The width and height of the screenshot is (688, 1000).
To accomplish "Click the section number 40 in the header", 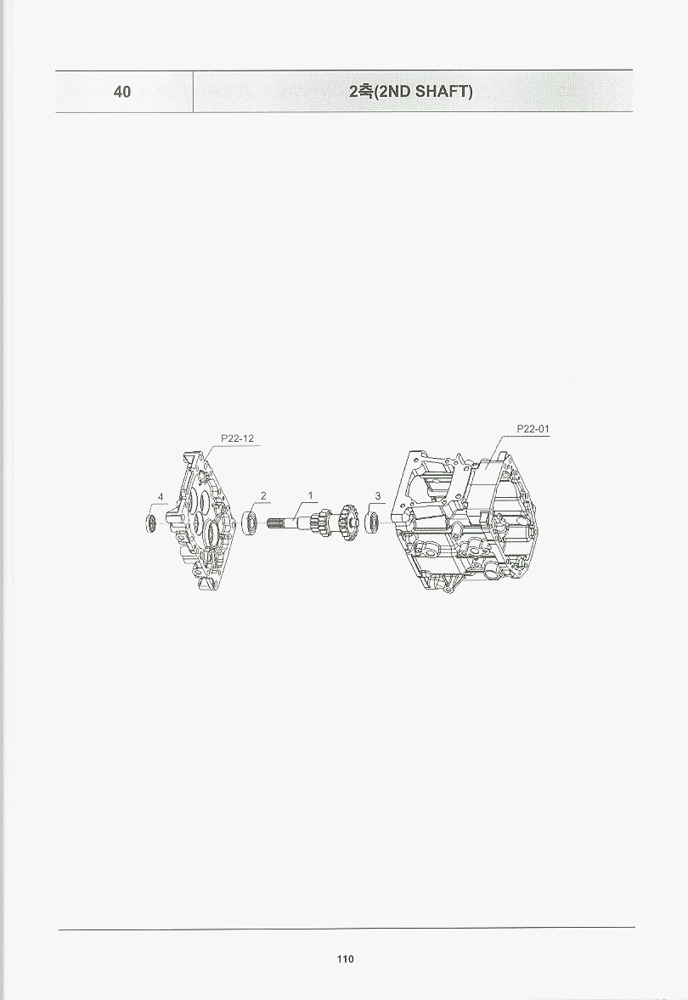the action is click(x=121, y=92).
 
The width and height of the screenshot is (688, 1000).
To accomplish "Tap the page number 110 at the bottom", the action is click(x=345, y=959).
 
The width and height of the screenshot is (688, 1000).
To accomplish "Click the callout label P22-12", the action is click(x=237, y=438).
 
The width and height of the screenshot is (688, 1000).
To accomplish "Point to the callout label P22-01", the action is click(x=533, y=429).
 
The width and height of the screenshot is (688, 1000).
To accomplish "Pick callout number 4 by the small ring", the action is click(x=161, y=497).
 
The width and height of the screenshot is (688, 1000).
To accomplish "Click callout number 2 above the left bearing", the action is click(x=263, y=495).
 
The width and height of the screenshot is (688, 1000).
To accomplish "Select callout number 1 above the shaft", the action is click(x=311, y=495).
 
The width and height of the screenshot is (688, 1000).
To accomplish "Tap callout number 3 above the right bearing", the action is click(x=378, y=495).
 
